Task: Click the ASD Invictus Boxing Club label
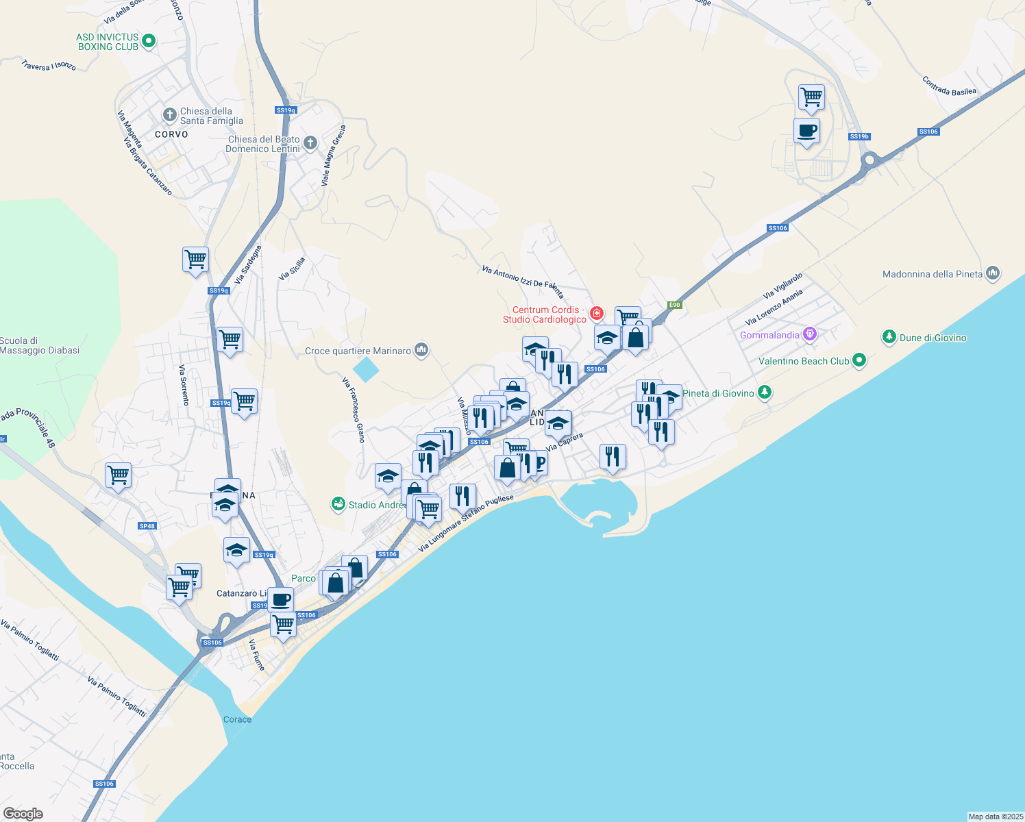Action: (x=108, y=42)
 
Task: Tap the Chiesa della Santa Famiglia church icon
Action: (x=170, y=115)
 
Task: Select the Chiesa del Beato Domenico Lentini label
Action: (x=263, y=144)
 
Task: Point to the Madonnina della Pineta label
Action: (x=932, y=274)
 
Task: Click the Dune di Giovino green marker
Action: (x=889, y=337)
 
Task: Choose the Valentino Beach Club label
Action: (x=803, y=361)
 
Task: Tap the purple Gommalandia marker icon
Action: (x=811, y=334)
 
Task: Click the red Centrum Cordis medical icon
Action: (x=597, y=314)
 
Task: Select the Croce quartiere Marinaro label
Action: (x=358, y=351)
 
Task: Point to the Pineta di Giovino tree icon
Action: (x=765, y=393)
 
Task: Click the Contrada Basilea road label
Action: (x=949, y=86)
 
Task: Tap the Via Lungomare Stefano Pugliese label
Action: (x=465, y=523)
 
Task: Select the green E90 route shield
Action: (x=675, y=305)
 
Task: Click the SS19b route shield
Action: (x=859, y=136)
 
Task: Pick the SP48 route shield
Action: (x=147, y=526)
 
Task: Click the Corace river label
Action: (x=237, y=719)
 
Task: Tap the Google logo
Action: (x=23, y=814)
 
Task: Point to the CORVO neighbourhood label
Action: (x=171, y=134)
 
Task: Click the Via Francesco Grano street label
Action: (x=354, y=410)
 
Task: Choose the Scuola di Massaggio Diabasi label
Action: (x=40, y=345)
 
